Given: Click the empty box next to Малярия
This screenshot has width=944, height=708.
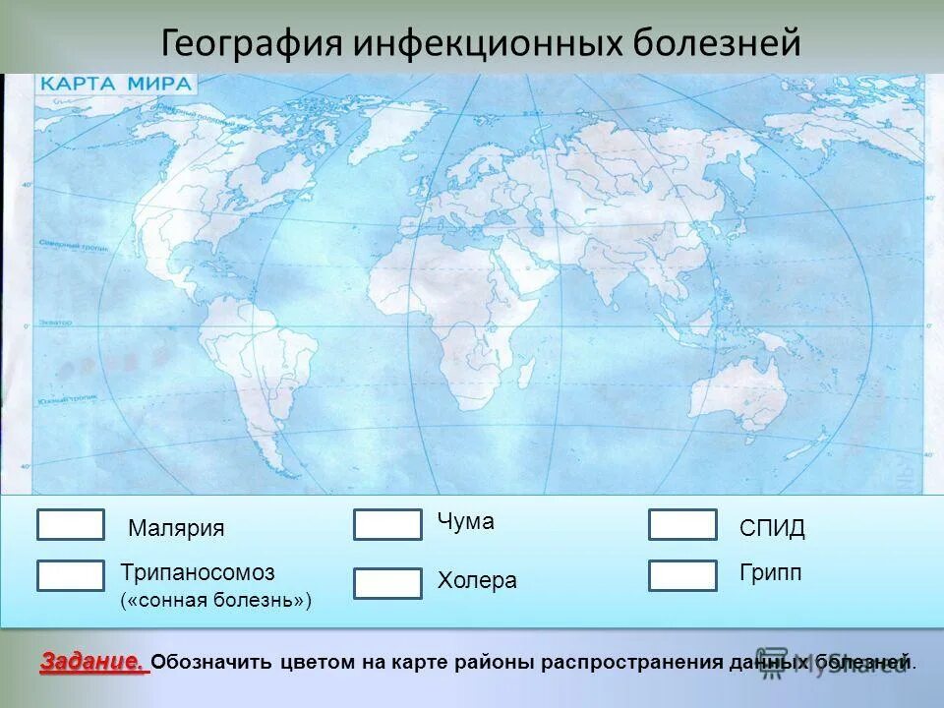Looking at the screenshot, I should coord(71,525).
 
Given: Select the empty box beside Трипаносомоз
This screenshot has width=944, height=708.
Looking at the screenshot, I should coord(71,575).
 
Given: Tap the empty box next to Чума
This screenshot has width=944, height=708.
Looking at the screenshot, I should coord(387,525).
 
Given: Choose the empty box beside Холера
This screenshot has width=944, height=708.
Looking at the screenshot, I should coord(387,584).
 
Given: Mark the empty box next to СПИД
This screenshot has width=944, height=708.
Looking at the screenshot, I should coord(682,525).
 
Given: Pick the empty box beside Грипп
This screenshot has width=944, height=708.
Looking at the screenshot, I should coord(682,575).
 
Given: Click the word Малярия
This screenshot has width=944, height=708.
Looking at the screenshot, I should coord(176,528).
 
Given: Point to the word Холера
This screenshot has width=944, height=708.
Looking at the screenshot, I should coord(477,581).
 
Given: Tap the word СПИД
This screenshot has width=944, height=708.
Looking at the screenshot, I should coord(772,529).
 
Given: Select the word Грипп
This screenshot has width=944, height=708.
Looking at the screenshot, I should coord(771,573).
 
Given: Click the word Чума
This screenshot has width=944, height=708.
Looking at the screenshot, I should coord(466,522).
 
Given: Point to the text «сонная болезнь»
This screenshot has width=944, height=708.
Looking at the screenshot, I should coord(215,600).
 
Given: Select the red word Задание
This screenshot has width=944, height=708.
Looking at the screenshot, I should coord(93,662).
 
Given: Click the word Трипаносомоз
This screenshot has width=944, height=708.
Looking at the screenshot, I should coord(198,572).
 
